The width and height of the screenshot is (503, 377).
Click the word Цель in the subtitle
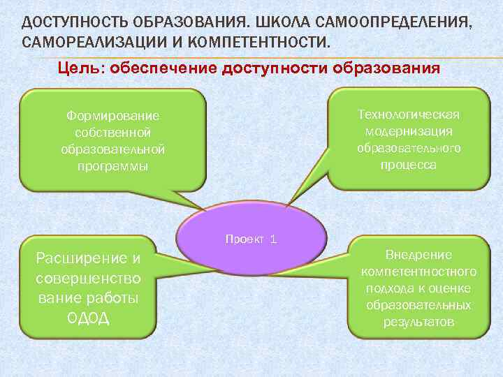point(77,68)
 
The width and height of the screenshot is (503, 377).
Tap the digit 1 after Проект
point(273,239)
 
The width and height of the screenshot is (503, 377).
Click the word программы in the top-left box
point(112,166)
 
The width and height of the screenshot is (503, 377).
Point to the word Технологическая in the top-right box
point(408,114)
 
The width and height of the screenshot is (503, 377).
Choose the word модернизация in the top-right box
point(408,131)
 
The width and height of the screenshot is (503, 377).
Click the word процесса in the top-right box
point(408,165)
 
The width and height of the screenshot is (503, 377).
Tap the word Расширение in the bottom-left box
point(89,259)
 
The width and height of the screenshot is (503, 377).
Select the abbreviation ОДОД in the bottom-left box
point(89,318)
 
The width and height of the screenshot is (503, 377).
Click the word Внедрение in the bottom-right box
point(418,255)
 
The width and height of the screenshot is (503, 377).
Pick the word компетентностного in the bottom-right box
point(418,272)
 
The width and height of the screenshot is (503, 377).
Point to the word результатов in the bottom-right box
point(418,322)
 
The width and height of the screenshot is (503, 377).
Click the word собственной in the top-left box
point(112,132)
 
